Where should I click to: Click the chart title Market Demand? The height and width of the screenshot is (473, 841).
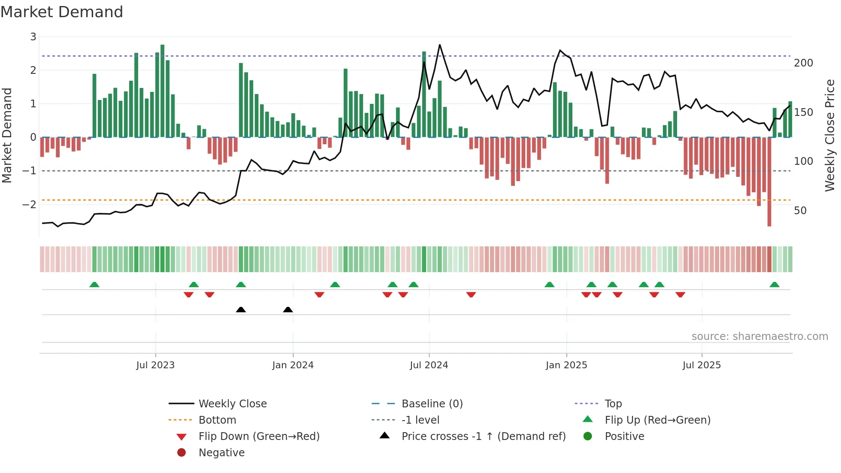click(x=62, y=12)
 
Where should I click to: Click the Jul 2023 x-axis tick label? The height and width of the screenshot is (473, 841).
click(x=155, y=365)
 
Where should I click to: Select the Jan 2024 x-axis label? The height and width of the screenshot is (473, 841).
click(x=293, y=365)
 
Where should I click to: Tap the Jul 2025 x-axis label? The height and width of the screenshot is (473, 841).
click(x=702, y=365)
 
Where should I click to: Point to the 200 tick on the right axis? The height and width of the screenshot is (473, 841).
click(x=803, y=63)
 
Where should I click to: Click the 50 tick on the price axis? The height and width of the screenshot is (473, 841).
click(x=800, y=211)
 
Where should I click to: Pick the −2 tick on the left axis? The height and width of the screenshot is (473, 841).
click(x=30, y=204)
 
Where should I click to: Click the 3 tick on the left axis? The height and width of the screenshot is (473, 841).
click(x=33, y=37)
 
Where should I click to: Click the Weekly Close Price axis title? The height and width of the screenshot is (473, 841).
click(x=830, y=135)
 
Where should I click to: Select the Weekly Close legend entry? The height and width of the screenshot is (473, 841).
click(x=232, y=404)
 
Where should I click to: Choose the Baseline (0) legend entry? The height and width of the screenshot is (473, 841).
click(x=432, y=404)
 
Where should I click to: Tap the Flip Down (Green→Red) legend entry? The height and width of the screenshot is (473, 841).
click(x=259, y=437)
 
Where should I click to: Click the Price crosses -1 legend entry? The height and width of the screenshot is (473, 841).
click(x=483, y=437)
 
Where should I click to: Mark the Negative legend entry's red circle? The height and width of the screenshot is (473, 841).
click(x=182, y=453)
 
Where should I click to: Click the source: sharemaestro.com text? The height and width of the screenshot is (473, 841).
click(x=759, y=337)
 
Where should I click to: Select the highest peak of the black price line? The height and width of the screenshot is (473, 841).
click(x=440, y=45)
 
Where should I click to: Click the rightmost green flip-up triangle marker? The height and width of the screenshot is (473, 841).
click(x=774, y=285)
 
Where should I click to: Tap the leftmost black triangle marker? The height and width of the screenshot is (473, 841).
click(x=241, y=309)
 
